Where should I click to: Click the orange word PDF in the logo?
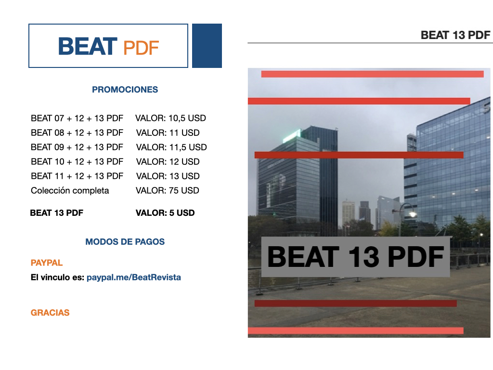coord(141,48)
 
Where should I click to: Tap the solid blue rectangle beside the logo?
coord(207,46)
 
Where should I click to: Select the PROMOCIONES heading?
coord(125,90)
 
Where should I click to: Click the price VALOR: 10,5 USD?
coord(170,118)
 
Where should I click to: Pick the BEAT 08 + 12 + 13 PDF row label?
coord(77,133)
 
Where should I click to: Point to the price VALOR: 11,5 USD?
coord(171,147)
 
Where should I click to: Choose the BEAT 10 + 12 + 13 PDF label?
coord(77,162)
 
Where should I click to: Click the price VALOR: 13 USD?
coord(168,176)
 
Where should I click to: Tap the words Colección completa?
coord(70,191)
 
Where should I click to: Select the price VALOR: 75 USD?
coord(167,191)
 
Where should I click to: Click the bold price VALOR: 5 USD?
coord(165,213)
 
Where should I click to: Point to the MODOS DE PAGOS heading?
coord(125,242)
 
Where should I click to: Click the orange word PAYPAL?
coord(47,263)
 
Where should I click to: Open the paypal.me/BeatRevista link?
coord(134,277)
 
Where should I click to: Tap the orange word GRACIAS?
coord(50,313)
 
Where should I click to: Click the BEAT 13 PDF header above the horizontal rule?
coord(455,35)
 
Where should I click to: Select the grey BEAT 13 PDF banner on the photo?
coord(356,257)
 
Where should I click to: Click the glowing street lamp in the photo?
coord(413,214)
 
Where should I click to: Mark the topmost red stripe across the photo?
coord(372,74)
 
